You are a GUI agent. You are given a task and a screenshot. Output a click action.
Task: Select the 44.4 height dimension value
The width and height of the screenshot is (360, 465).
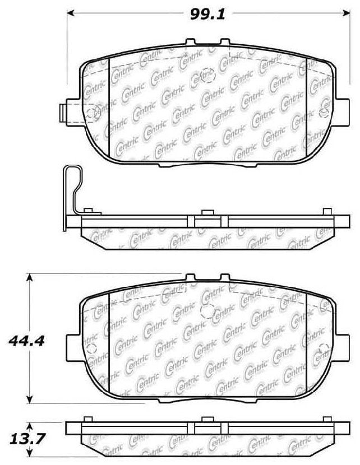25,340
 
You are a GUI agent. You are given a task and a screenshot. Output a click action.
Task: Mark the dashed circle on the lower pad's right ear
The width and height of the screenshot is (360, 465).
324,351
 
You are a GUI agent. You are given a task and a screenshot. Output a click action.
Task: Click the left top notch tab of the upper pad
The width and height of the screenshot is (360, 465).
190,41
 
